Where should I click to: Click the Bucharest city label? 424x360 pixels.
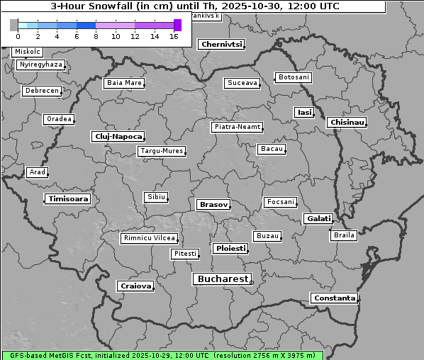pyautogui.click(x=222, y=279)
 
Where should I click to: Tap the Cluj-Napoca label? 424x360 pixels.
pyautogui.click(x=118, y=136)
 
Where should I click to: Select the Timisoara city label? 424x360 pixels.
pyautogui.click(x=68, y=199)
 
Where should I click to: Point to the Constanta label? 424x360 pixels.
pyautogui.click(x=334, y=298)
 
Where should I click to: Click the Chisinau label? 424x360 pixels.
pyautogui.click(x=347, y=123)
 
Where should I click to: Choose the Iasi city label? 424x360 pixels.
pyautogui.click(x=304, y=113)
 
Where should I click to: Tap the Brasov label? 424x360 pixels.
pyautogui.click(x=213, y=205)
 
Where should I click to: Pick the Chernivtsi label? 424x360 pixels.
pyautogui.click(x=221, y=45)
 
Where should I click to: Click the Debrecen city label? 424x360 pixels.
pyautogui.click(x=40, y=91)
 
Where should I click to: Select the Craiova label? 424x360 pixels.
pyautogui.click(x=135, y=286)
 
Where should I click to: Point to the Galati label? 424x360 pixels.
pyautogui.click(x=318, y=219)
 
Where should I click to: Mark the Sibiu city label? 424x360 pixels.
pyautogui.click(x=155, y=197)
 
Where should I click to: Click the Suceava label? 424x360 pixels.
pyautogui.click(x=242, y=84)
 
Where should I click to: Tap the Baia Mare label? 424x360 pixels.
pyautogui.click(x=124, y=84)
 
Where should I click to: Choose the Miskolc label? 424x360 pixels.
pyautogui.click(x=28, y=52)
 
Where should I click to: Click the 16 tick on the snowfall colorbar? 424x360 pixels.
pyautogui.click(x=174, y=36)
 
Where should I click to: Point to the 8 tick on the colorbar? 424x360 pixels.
pyautogui.click(x=96, y=36)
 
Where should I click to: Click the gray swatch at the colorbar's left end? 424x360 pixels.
pyautogui.click(x=14, y=25)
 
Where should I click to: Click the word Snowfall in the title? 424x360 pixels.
pyautogui.click(x=114, y=6)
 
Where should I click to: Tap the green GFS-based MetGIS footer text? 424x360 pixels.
pyautogui.click(x=162, y=355)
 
